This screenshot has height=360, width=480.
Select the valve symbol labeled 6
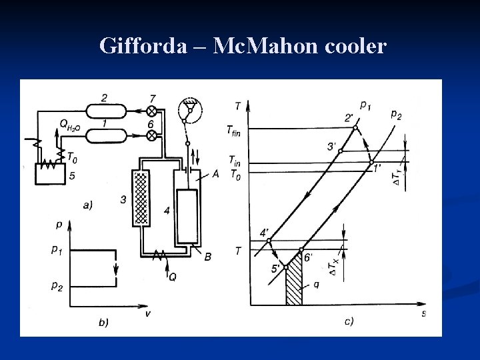pos(151,135)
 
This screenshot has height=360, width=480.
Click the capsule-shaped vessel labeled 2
pos(106,111)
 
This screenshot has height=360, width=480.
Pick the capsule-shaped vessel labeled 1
pos(106,135)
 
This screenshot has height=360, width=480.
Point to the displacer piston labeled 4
pos(187,216)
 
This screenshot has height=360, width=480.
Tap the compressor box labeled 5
pos(51,174)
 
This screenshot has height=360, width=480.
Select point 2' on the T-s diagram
pos(355,127)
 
